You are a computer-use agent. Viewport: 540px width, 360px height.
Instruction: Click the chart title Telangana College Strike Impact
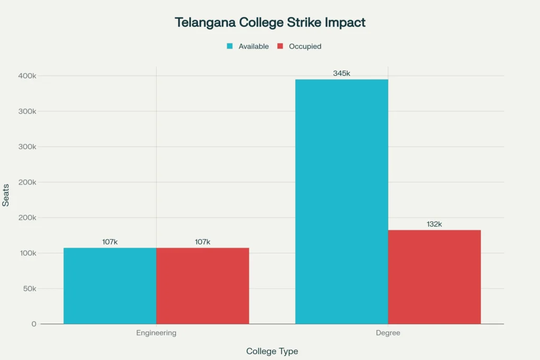pos(270,23)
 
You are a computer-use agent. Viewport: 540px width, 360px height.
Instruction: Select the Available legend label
pos(254,46)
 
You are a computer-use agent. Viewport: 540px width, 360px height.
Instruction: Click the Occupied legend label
pos(305,46)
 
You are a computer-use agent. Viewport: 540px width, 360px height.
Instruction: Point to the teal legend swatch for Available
pos(230,46)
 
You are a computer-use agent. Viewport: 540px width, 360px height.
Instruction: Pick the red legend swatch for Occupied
pos(281,46)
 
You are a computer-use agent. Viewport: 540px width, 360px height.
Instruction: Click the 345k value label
pos(341,73)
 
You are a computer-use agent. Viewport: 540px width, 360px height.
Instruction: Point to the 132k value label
pos(434,224)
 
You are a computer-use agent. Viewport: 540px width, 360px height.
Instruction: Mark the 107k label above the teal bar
pos(110,242)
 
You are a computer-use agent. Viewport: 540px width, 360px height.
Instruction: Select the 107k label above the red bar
pos(202,242)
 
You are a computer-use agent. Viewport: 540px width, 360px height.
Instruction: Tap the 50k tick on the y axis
pos(28,289)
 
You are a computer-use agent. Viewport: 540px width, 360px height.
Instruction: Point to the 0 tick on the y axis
pos(34,324)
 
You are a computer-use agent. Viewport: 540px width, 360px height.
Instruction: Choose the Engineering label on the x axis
pos(156,333)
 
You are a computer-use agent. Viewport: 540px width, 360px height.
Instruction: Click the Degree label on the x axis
pos(388,333)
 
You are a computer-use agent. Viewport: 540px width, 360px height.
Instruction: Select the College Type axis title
pos(272,351)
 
